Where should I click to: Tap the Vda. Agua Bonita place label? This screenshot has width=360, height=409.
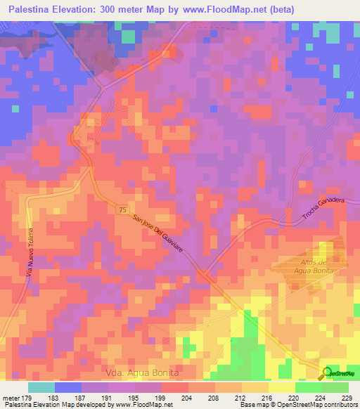[x=141, y=372]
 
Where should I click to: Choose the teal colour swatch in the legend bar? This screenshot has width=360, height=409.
[x=41, y=387]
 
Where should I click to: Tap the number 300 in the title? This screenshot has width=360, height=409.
[x=99, y=8]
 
